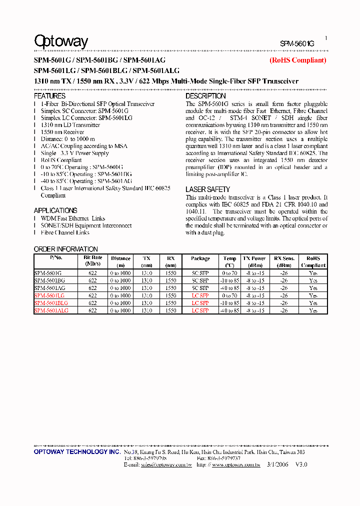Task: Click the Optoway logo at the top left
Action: click(x=61, y=41)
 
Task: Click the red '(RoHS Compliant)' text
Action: click(x=297, y=60)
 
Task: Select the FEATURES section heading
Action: click(x=49, y=95)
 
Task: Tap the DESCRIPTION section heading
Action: click(x=205, y=95)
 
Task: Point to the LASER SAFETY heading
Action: click(x=207, y=189)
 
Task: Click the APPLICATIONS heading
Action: click(x=55, y=210)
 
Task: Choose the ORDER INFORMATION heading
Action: click(x=65, y=249)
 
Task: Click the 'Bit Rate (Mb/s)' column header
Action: click(x=92, y=261)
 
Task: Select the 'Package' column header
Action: click(x=200, y=258)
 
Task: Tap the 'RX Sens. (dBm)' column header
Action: click(x=284, y=261)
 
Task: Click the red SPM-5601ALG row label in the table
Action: click(x=51, y=310)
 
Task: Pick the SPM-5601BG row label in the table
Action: click(x=49, y=280)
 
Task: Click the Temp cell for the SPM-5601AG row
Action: click(x=229, y=288)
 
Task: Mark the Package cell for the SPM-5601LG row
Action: click(x=200, y=295)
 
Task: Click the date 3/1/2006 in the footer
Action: click(x=277, y=464)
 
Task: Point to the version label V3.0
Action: click(x=301, y=464)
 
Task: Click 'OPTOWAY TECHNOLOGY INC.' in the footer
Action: click(x=77, y=451)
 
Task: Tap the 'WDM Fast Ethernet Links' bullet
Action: click(x=73, y=218)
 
